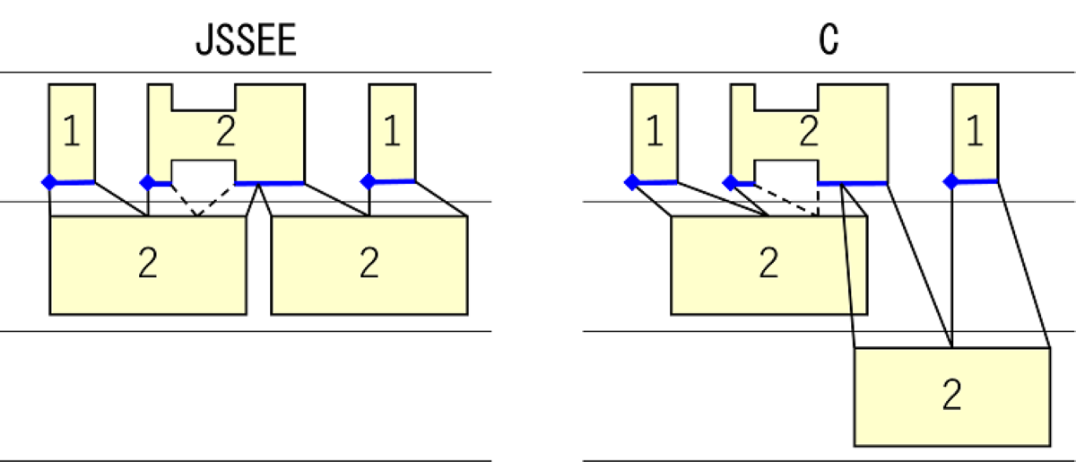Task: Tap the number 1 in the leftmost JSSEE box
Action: pyautogui.click(x=72, y=133)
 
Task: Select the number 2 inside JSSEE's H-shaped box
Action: pyautogui.click(x=225, y=134)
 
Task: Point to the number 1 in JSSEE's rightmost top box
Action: pyautogui.click(x=392, y=133)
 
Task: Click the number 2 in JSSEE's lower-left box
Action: pyautogui.click(x=148, y=265)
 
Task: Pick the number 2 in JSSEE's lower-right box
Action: pyautogui.click(x=369, y=265)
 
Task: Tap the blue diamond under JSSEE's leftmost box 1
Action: pyautogui.click(x=48, y=182)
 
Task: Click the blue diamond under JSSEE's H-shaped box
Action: pyautogui.click(x=147, y=182)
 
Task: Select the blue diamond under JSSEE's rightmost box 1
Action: pyautogui.click(x=368, y=182)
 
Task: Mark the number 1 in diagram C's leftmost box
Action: pyautogui.click(x=655, y=133)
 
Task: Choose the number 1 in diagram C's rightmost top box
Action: pyautogui.click(x=975, y=133)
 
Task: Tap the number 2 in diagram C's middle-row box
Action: pyautogui.click(x=768, y=265)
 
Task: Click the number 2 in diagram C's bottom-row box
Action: pyautogui.click(x=951, y=396)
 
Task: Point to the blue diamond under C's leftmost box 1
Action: pyautogui.click(x=631, y=182)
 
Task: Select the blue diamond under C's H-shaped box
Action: pyautogui.click(x=730, y=182)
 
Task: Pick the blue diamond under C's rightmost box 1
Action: pyautogui.click(x=950, y=182)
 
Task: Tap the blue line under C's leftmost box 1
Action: pyautogui.click(x=656, y=181)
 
